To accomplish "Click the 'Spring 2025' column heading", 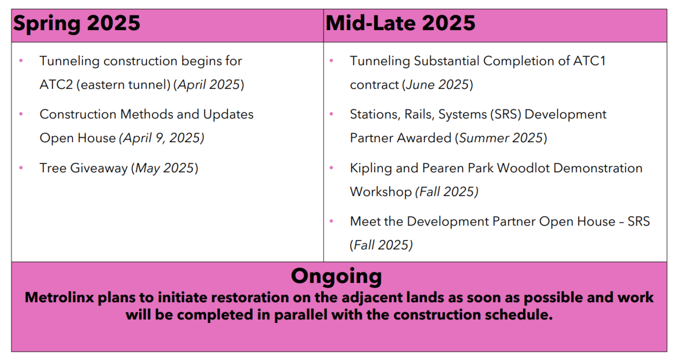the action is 77,24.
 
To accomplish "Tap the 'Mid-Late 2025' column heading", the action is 400,23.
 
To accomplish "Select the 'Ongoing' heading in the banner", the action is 336,276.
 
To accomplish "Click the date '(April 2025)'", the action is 208,85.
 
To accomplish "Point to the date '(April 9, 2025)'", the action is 162,139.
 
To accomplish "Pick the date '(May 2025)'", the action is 164,168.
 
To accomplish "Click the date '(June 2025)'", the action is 437,85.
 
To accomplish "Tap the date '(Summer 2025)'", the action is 501,139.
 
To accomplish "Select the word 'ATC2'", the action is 56,85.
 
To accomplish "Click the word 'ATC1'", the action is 589,61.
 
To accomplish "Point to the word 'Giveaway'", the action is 99,169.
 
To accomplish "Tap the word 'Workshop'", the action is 381,192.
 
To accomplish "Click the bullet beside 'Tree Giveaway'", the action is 21,168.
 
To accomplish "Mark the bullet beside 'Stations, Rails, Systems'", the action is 331,114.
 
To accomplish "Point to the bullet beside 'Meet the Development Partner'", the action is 331,221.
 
